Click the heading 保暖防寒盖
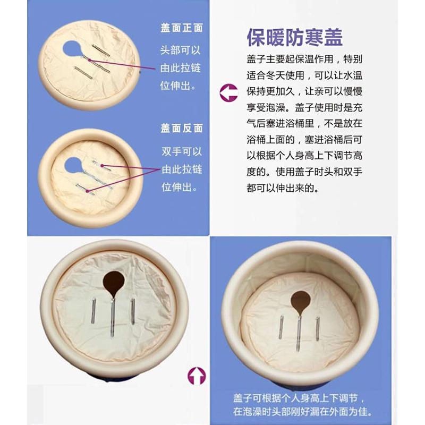[x=294, y=37]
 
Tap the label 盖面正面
[x=182, y=28]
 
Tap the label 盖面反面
[x=182, y=129]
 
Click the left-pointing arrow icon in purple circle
[x=229, y=92]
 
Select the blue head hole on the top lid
[x=71, y=49]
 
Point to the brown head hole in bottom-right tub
[x=301, y=302]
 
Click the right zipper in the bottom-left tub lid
[x=133, y=311]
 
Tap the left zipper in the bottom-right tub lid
[x=281, y=327]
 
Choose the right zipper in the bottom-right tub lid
[x=318, y=329]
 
